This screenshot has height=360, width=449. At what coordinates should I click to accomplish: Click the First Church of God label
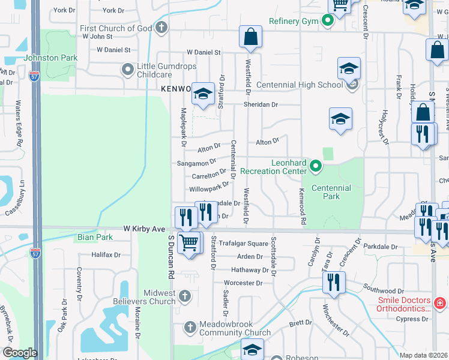click(116, 28)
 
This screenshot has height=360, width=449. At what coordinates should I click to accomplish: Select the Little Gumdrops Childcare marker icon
click(127, 70)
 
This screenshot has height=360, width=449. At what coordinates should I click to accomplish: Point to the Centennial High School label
click(300, 85)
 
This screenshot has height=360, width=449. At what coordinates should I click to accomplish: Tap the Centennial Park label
click(332, 192)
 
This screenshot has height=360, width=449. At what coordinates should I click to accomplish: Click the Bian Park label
click(95, 237)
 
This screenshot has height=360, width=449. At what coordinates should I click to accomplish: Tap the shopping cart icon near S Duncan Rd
click(189, 243)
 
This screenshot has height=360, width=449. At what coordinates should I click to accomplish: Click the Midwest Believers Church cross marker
click(185, 295)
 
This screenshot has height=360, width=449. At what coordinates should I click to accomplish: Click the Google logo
click(19, 352)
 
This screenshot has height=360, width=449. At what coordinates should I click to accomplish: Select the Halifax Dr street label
click(106, 255)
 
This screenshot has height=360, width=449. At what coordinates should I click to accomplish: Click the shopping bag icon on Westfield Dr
click(250, 37)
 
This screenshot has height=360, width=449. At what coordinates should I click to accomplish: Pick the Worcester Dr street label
click(243, 283)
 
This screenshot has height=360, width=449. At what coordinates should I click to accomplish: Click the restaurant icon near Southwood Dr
click(334, 282)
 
